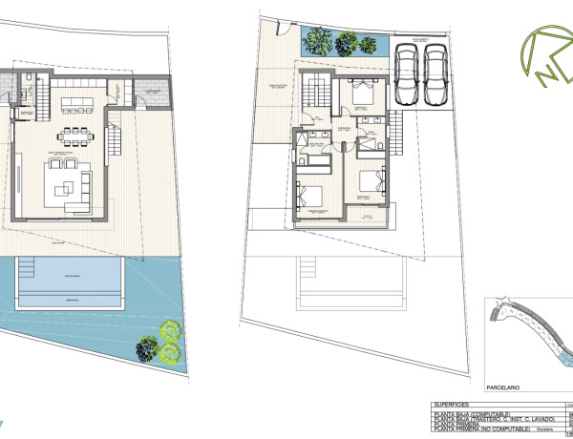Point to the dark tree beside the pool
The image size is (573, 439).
point(145,349)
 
